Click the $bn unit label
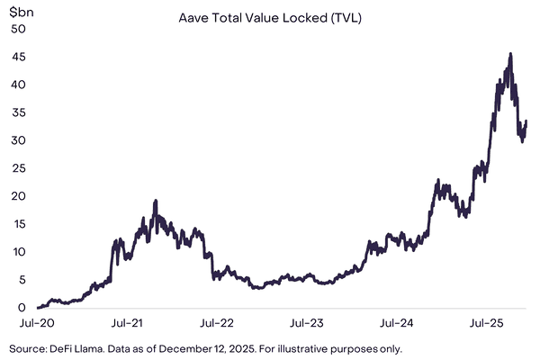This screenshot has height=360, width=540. [22, 13]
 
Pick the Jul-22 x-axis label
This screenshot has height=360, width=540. [218, 322]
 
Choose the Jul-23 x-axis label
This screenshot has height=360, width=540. [309, 322]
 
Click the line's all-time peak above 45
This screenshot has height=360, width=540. [510, 53]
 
